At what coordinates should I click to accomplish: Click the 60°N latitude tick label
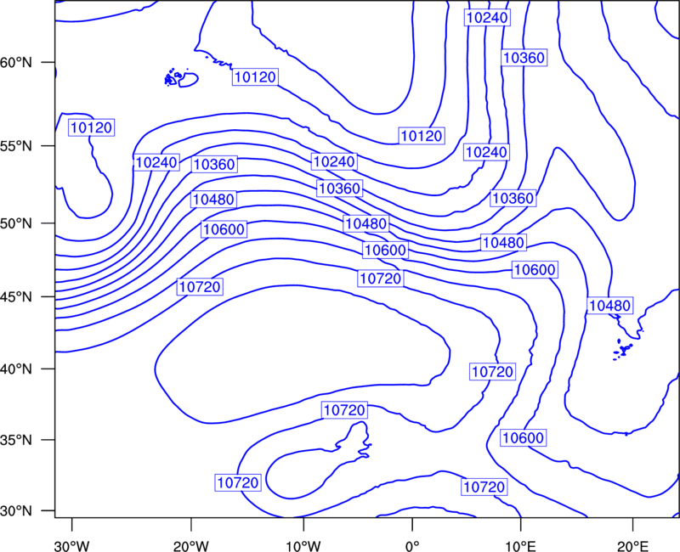[x=15, y=62]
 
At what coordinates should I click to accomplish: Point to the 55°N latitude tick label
[x=15, y=146]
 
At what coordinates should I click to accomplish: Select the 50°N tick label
[x=15, y=223]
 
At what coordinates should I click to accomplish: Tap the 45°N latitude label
[x=15, y=296]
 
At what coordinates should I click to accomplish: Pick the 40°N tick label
[x=15, y=369]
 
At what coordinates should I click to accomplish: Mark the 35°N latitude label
[x=15, y=440]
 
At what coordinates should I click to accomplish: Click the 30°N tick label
[x=15, y=511]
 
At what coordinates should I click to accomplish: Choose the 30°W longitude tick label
[x=72, y=544]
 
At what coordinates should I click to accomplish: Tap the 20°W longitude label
[x=191, y=544]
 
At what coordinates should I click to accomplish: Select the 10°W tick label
[x=303, y=544]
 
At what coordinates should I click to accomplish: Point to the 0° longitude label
[x=412, y=544]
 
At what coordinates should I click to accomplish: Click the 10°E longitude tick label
[x=520, y=544]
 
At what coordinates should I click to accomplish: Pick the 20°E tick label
[x=632, y=544]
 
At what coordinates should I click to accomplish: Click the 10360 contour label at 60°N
[x=524, y=58]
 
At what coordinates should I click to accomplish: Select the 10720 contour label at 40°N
[x=493, y=372]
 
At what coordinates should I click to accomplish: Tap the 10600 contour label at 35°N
[x=523, y=438]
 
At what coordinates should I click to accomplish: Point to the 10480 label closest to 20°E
[x=609, y=306]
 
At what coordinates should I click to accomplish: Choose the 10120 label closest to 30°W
[x=92, y=127]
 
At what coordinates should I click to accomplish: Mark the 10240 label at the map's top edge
[x=487, y=18]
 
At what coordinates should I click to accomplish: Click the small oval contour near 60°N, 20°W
[x=188, y=80]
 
